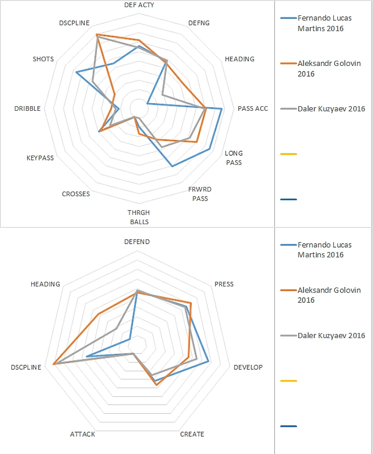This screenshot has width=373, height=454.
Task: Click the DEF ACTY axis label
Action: [139, 5]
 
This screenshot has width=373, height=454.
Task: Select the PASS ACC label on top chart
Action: [252, 108]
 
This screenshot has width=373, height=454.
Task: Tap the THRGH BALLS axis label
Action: [138, 217]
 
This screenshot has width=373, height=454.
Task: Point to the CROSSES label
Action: [76, 194]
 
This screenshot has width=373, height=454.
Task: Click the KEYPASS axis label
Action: [40, 158]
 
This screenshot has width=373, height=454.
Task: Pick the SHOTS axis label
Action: [43, 59]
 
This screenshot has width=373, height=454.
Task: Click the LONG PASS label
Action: [234, 158]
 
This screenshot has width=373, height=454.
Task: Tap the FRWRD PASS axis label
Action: [200, 194]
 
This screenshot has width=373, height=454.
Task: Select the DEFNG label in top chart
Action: [199, 23]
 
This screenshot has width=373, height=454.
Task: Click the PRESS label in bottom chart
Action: [224, 284]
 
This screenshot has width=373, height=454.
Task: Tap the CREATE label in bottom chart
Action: [192, 434]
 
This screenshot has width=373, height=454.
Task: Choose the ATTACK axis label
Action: [82, 434]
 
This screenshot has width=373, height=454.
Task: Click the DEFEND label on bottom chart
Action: [137, 242]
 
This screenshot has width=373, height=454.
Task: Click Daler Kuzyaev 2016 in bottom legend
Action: [331, 336]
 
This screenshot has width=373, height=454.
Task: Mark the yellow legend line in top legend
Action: [289, 154]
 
